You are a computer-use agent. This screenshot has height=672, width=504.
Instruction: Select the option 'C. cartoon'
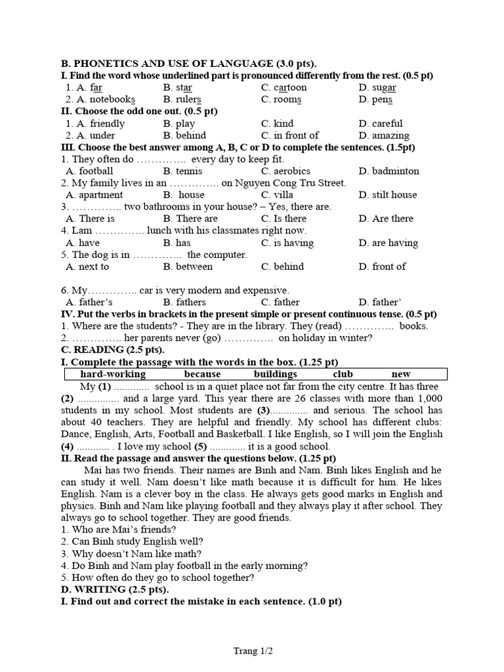click(283, 88)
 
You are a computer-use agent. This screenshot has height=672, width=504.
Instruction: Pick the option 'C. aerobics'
click(285, 171)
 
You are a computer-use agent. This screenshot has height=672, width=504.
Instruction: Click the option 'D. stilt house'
click(388, 195)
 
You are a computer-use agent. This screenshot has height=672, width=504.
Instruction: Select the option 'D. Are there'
click(386, 219)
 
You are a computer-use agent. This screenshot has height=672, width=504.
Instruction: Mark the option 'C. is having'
click(287, 243)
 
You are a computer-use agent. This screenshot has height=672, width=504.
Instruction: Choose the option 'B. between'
click(188, 266)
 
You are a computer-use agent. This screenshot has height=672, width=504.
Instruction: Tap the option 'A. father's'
click(89, 303)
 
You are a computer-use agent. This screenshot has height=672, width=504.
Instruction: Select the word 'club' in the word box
click(343, 374)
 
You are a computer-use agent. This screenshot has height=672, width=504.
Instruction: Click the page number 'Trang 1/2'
click(253, 651)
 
